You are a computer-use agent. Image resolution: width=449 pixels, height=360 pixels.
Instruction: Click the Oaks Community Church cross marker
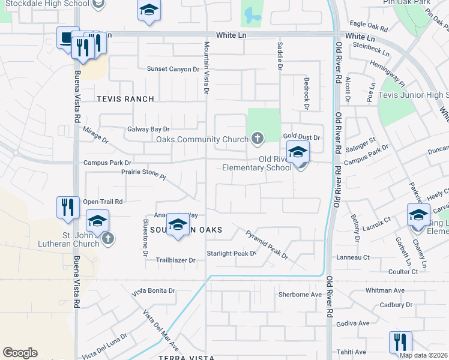click(x=258, y=140)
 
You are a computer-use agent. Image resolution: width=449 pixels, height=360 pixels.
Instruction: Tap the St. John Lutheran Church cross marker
click(x=108, y=239)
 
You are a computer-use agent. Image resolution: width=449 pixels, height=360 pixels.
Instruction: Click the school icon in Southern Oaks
click(x=178, y=225)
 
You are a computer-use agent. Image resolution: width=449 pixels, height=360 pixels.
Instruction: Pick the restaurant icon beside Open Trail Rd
click(x=68, y=208)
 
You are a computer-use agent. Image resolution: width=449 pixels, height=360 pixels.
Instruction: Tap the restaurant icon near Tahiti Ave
click(x=400, y=343)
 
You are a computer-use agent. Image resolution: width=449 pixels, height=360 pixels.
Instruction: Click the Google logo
click(x=20, y=353)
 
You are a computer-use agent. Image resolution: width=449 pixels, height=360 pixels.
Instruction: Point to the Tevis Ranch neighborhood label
click(x=125, y=99)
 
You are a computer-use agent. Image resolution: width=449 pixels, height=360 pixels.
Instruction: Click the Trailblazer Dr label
click(x=176, y=260)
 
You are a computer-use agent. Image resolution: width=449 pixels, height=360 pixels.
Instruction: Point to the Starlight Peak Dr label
click(x=232, y=253)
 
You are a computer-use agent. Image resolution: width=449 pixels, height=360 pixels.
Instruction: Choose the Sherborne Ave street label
click(x=300, y=295)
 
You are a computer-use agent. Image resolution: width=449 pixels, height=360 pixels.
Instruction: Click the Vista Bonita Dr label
click(x=154, y=290)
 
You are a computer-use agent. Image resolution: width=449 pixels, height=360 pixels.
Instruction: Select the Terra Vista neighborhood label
click(x=187, y=358)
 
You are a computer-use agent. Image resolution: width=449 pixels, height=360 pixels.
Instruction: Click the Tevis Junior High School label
click(x=414, y=95)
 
